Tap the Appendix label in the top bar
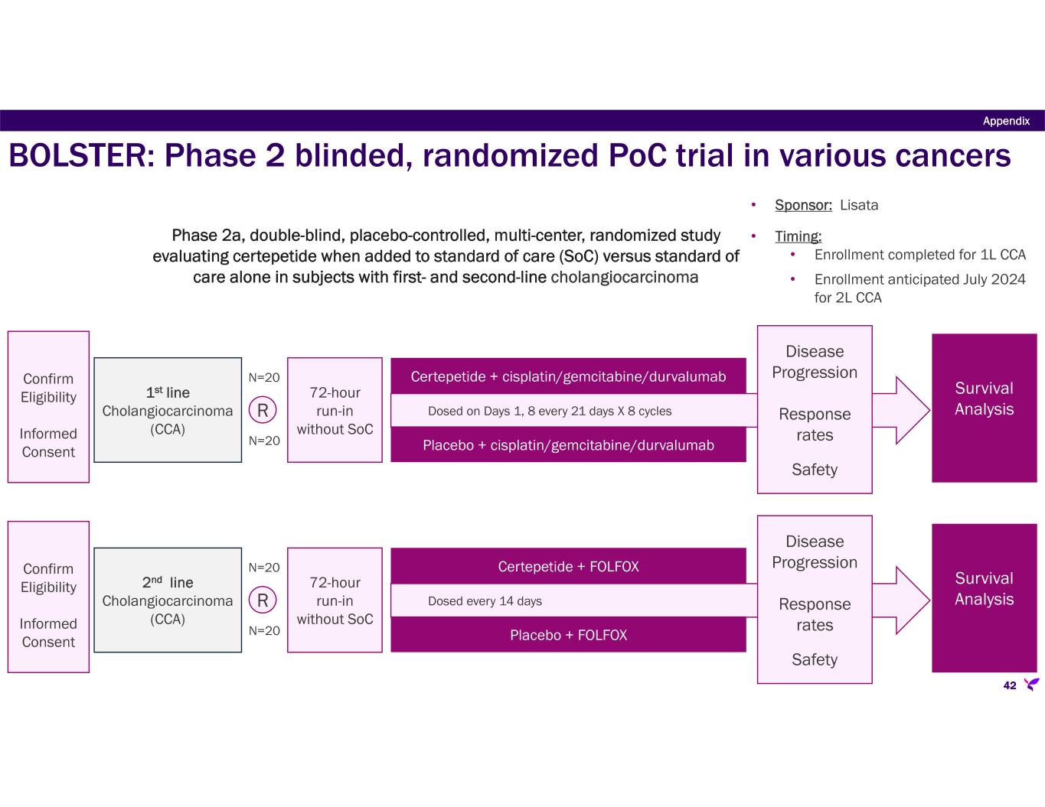[x=1006, y=121]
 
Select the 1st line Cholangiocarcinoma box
[x=168, y=410]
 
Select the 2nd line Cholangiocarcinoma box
[x=168, y=600]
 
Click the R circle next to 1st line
[x=263, y=411]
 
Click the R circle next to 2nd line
[x=263, y=600]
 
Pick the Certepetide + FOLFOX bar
[x=568, y=567]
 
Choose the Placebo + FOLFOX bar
[x=568, y=635]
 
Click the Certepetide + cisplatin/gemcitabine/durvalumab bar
[x=568, y=376]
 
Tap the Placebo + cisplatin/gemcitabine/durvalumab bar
[x=568, y=445]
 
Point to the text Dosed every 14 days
[x=485, y=601]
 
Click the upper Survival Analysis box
[x=984, y=408]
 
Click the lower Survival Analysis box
[x=984, y=597]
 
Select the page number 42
[x=1010, y=685]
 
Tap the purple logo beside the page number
[x=1031, y=684]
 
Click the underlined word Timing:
[x=798, y=237]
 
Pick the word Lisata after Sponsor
[x=859, y=205]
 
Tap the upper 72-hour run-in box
[x=335, y=410]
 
